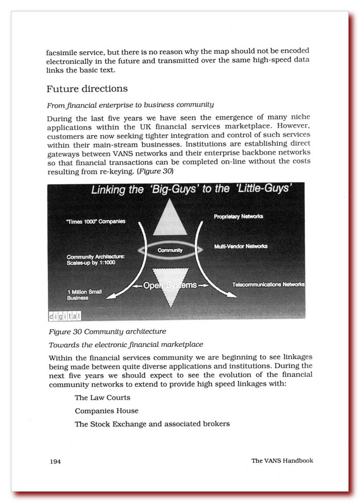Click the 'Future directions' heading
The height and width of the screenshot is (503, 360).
(x=87, y=89)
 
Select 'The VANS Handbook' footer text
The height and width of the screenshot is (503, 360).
(x=282, y=460)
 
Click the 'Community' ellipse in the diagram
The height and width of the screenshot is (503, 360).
(x=170, y=250)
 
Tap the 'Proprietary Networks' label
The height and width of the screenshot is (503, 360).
(x=238, y=217)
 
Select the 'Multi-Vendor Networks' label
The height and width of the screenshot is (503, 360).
(x=240, y=246)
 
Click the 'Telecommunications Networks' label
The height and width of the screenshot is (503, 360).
(x=268, y=285)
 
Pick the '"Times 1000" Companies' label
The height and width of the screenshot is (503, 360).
(x=96, y=221)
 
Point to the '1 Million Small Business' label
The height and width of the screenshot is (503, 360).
(x=84, y=294)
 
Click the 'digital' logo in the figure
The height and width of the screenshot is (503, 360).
(x=64, y=316)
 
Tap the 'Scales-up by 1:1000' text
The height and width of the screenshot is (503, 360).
(x=91, y=262)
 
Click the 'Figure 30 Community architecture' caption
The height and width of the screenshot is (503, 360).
(x=107, y=331)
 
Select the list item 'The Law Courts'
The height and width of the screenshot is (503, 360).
(x=102, y=398)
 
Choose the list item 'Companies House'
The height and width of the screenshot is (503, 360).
(x=107, y=411)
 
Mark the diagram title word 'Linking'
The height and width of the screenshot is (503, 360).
(x=108, y=190)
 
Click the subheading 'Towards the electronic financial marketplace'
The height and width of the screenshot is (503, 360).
(x=126, y=345)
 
